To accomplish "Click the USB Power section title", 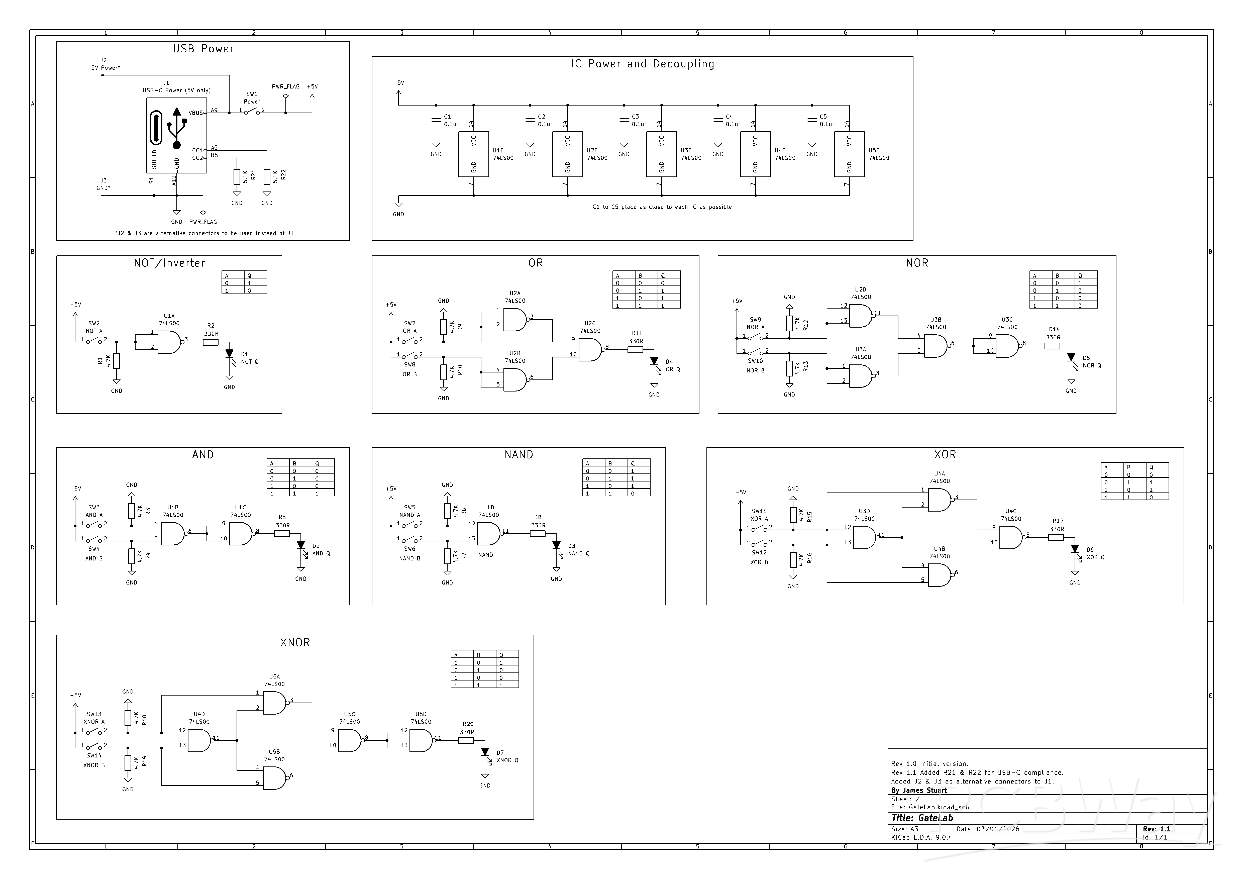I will (x=203, y=49).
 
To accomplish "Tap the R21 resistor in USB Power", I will (x=237, y=176).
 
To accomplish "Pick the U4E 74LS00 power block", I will (x=755, y=154).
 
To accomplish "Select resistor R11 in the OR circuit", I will (x=636, y=350).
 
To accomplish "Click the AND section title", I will (x=203, y=455).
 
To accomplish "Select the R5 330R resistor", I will (x=282, y=533).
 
